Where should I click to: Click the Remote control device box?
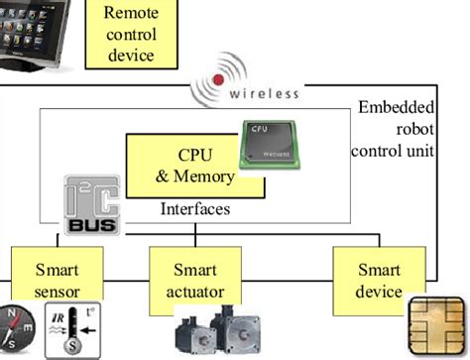130,34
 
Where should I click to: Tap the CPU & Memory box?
181,166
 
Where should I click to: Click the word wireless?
265,94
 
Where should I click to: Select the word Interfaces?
195,210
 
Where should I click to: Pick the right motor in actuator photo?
243,335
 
